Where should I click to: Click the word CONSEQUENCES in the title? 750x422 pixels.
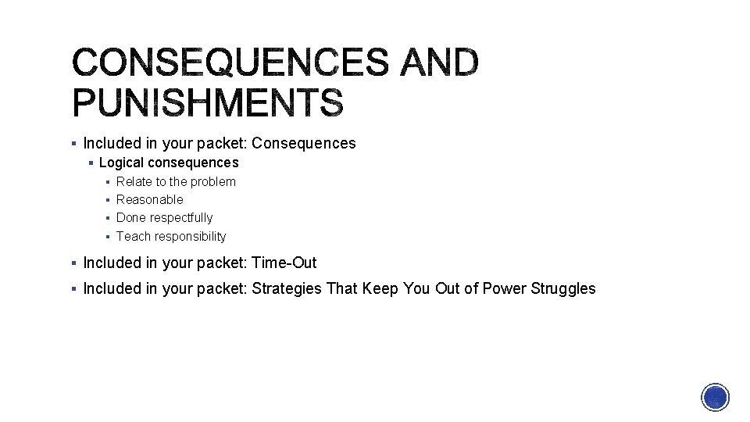pos(228,62)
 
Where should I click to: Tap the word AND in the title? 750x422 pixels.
pos(439,62)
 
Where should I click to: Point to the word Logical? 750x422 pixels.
pos(121,163)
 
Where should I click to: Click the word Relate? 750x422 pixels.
pos(134,181)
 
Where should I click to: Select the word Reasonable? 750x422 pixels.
pos(150,199)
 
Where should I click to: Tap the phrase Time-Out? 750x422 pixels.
pos(284,263)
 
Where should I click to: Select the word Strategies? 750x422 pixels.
pos(287,288)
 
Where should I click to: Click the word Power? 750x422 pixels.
pos(504,288)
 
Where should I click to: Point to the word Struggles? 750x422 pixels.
pos(562,288)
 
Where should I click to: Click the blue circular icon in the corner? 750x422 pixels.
pos(715,397)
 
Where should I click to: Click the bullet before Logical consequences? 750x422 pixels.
pos(91,163)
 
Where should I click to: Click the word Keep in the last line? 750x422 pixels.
pos(380,288)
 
